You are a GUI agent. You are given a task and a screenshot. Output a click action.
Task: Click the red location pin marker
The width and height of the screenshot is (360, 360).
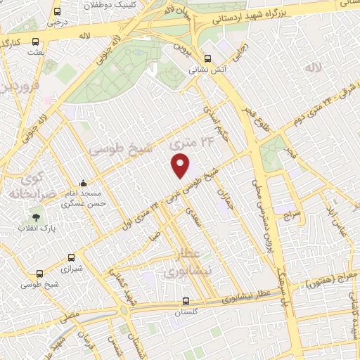(181, 165)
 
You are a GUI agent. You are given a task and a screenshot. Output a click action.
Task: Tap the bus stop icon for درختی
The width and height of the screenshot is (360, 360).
(57, 12)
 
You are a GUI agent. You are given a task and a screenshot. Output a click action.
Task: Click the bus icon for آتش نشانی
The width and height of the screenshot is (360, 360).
(207, 60)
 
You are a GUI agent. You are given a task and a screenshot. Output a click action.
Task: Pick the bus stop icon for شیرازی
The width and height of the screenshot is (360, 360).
(70, 258)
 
